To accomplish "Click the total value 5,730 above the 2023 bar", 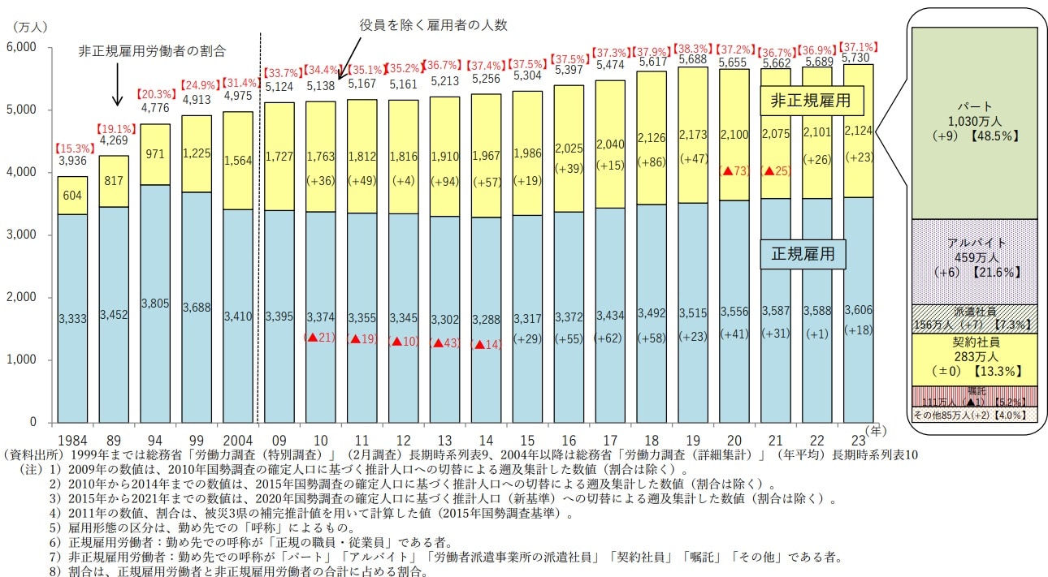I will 860,58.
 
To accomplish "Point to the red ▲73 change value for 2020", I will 734,171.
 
